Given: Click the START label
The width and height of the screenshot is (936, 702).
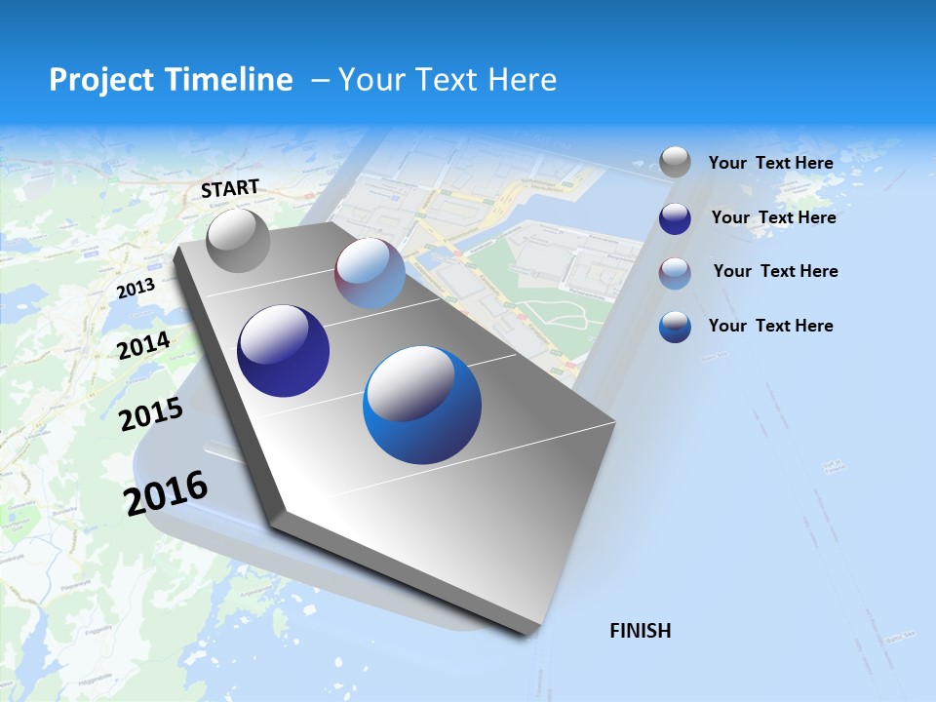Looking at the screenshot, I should coord(230,188).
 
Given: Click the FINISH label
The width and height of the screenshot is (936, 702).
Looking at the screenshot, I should coord(640,631).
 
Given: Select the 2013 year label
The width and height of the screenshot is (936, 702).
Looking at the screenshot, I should coord(136,288).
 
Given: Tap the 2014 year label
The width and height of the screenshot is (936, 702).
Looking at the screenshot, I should coord(143,345).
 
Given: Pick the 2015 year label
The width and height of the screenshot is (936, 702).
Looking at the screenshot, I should coord(150,414).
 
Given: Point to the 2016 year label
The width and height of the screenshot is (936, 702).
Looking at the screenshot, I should coord(166,492).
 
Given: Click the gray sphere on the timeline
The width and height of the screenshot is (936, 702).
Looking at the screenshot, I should coord(238,240).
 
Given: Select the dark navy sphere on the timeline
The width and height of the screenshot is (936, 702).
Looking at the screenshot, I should coord(283,351).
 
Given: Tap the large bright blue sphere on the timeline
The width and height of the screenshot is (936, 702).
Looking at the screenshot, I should coord(422,405).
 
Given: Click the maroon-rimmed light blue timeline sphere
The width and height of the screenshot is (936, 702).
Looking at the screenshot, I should coord(370,273).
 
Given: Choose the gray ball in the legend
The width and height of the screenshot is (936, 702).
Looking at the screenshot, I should coord(675,163).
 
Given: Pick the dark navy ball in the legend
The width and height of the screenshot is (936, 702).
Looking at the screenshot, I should coord(675,218).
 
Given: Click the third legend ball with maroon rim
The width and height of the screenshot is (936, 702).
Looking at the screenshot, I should coord(675,273).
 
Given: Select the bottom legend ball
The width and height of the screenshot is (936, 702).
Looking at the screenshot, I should coord(675,327).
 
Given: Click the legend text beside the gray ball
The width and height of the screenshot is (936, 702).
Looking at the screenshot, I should coord(770,163).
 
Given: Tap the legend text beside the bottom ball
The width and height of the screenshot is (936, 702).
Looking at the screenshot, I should coord(770,326).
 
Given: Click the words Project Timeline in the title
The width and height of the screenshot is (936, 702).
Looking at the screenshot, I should coord(171,80).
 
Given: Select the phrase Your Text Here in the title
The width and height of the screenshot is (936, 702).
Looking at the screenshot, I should coord(448,80).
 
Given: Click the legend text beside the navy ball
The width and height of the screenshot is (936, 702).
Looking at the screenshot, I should coord(773,217).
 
